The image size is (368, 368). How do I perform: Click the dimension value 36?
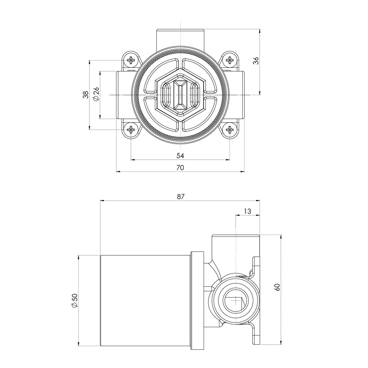pos(256,61)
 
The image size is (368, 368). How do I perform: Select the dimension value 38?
pos(86,95)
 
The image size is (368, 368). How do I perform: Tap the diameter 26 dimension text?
pos(96,94)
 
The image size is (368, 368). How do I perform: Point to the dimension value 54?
pos(180,155)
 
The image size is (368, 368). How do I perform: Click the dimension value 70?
pos(180,167)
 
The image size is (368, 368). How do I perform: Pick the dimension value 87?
pos(181,196)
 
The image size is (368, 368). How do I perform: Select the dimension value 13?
pos(247,211)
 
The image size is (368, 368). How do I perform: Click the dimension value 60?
pos(278,287)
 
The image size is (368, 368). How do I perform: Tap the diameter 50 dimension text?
pos(75,300)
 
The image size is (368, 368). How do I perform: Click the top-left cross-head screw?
pos(131,61)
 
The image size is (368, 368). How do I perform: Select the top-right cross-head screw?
pos(230,61)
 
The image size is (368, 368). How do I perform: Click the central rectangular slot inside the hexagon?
pos(180,95)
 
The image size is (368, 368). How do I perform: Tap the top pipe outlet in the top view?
pos(180,39)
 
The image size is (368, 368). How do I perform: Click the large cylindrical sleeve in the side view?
pos(145,300)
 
